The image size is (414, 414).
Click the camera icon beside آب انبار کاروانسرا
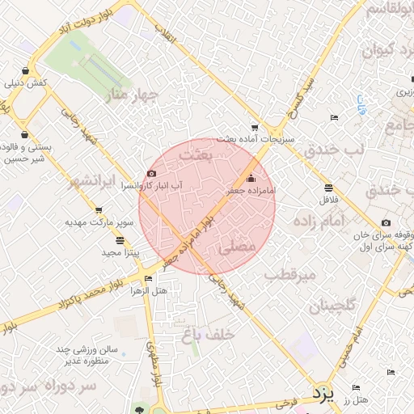[x=152, y=173]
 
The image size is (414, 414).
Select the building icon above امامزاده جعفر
[x=250, y=178]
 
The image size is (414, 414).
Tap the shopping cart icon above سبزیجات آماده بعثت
[x=256, y=127]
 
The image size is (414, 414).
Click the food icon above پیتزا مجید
[x=120, y=240]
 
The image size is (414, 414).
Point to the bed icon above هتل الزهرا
[x=150, y=279]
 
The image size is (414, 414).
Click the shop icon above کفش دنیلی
[x=28, y=70]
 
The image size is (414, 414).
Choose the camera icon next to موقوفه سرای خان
[x=385, y=223]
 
